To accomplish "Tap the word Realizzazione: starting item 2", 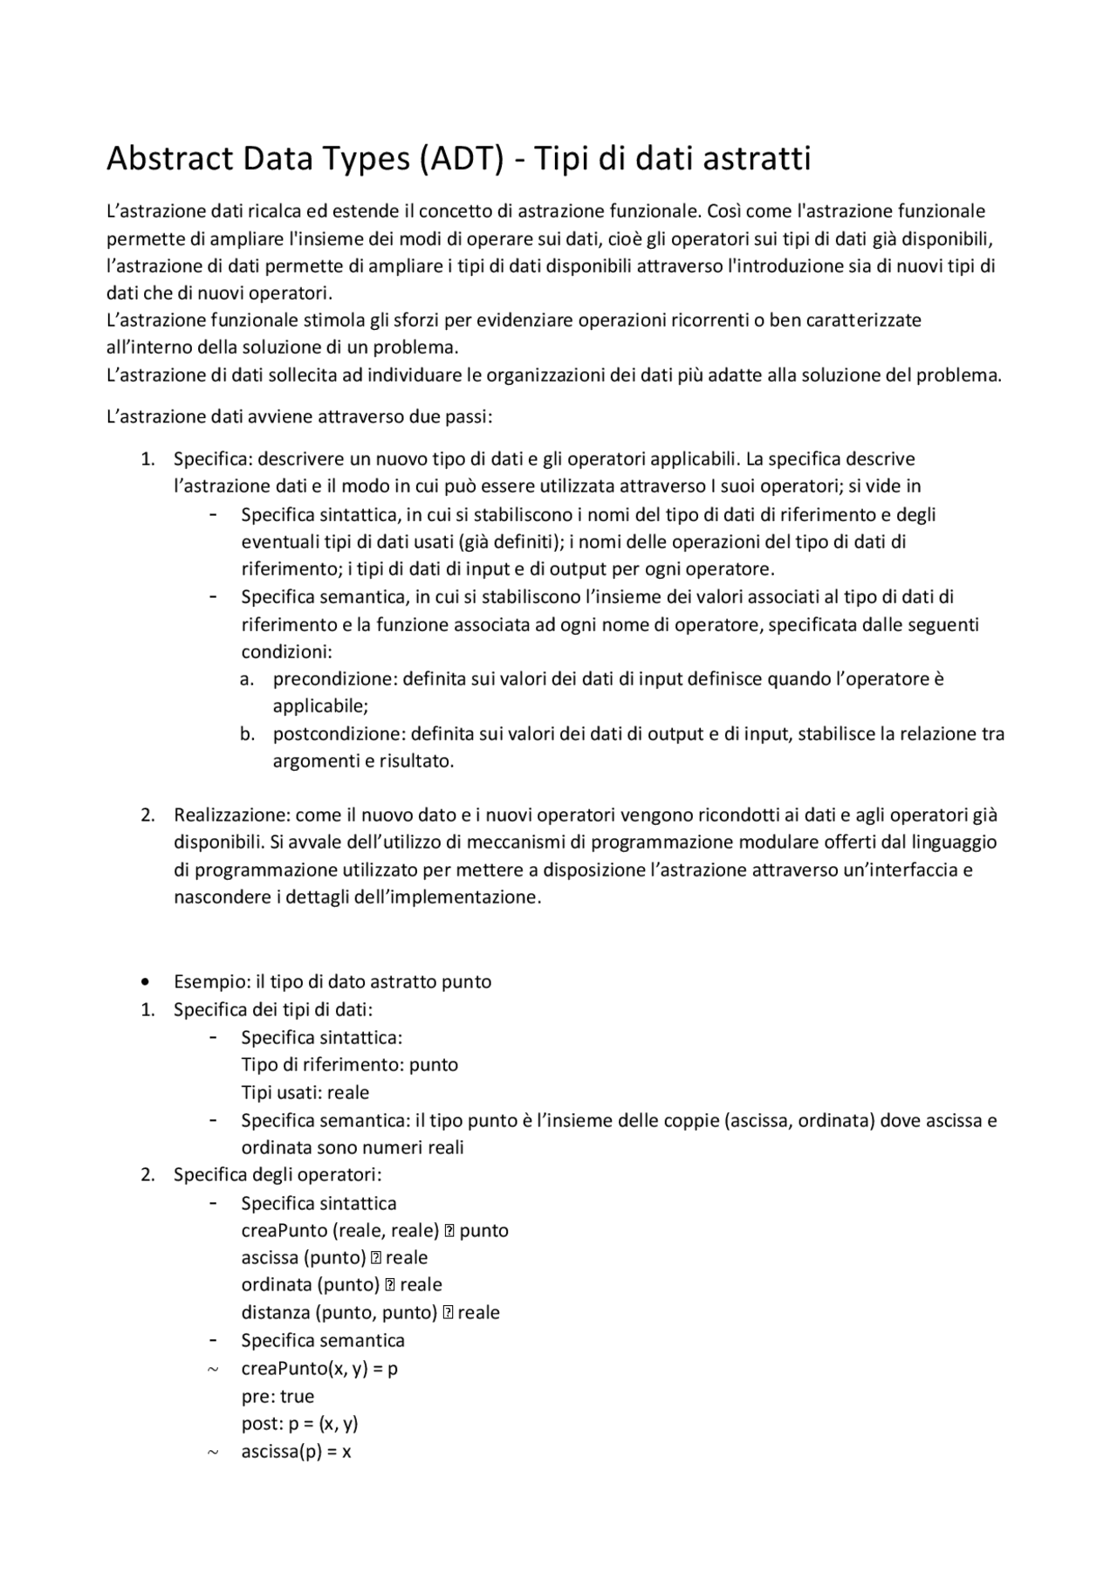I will [x=231, y=815].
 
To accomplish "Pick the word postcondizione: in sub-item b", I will [x=339, y=734].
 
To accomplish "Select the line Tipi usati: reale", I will [x=305, y=1093].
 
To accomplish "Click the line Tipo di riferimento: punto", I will [x=349, y=1065].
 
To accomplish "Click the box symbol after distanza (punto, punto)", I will [x=448, y=1313].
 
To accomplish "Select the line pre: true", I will [x=278, y=1397].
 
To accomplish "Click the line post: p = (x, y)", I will [x=299, y=1424].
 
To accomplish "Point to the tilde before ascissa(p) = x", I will [x=213, y=1453].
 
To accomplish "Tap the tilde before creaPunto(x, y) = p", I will [x=213, y=1369].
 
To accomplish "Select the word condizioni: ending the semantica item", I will [x=286, y=652].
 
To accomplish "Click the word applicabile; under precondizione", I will [x=320, y=706].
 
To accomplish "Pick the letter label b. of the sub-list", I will [x=248, y=734].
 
